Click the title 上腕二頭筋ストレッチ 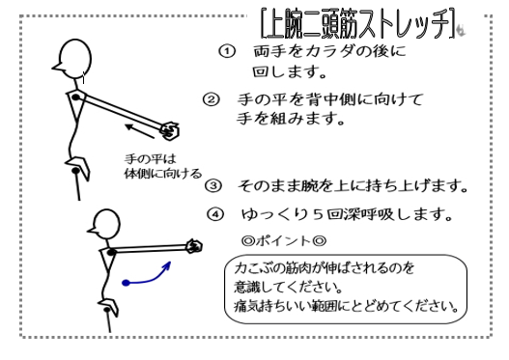pyautogui.click(x=358, y=24)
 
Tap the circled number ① pyautogui.click(x=227, y=51)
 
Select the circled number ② pyautogui.click(x=212, y=99)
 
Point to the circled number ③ pyautogui.click(x=213, y=186)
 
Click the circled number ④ pyautogui.click(x=215, y=214)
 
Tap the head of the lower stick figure pyautogui.click(x=105, y=225)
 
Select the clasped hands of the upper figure pyautogui.click(x=170, y=130)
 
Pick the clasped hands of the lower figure pyautogui.click(x=194, y=246)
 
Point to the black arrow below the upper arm pyautogui.click(x=140, y=131)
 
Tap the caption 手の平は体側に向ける pyautogui.click(x=162, y=166)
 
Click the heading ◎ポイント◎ pyautogui.click(x=284, y=241)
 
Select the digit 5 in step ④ pyautogui.click(x=318, y=214)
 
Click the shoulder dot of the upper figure pyautogui.click(x=75, y=97)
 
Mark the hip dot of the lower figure pyautogui.click(x=107, y=310)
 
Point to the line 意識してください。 pyautogui.click(x=289, y=288)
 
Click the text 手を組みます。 pyautogui.click(x=291, y=119)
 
